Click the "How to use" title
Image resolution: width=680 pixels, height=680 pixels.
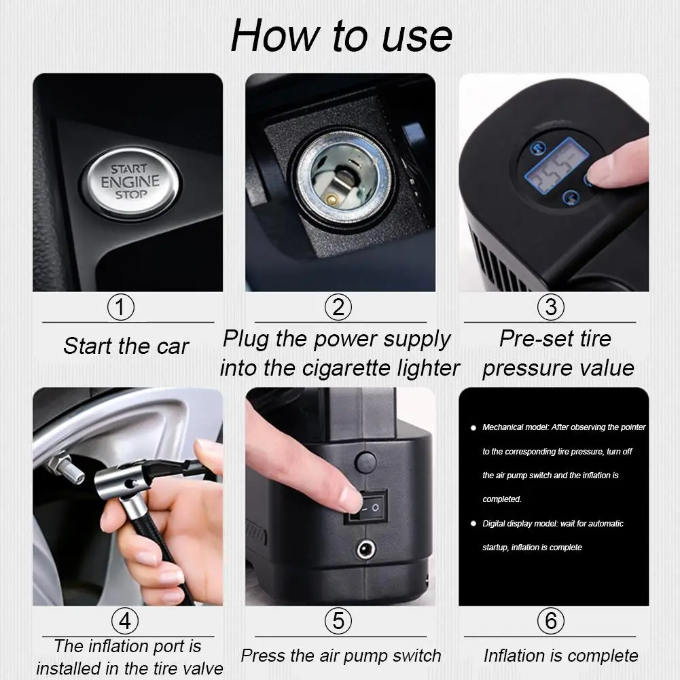click(x=341, y=35)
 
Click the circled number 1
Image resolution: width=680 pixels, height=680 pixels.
click(x=121, y=308)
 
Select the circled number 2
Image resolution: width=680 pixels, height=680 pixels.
click(x=338, y=308)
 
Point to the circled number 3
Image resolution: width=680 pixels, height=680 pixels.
click(x=550, y=308)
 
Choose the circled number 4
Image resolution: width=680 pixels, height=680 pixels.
click(x=125, y=621)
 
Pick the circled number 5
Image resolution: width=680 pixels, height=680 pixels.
click(x=338, y=621)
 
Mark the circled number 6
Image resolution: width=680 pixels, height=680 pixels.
click(x=550, y=621)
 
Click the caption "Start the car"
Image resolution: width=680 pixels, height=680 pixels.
click(x=126, y=346)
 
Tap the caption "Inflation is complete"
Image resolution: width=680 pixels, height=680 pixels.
click(x=560, y=656)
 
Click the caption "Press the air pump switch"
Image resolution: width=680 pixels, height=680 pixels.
click(x=340, y=656)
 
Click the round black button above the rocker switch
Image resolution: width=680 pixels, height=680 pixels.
click(x=365, y=463)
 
